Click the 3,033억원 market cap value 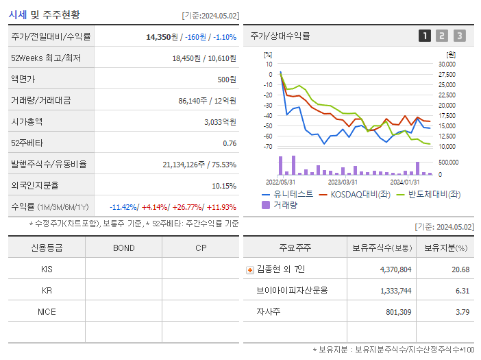coord(221,122)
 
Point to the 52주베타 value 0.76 coord(230,143)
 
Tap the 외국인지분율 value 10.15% coord(224,186)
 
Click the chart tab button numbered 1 coord(425,36)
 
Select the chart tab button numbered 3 coord(459,36)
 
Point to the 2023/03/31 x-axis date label coord(343,182)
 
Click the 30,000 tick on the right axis coord(447,64)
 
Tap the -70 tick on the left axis coord(267,147)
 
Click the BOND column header coord(123,248)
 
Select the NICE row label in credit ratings coord(47,311)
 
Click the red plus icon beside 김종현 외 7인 coord(250,269)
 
